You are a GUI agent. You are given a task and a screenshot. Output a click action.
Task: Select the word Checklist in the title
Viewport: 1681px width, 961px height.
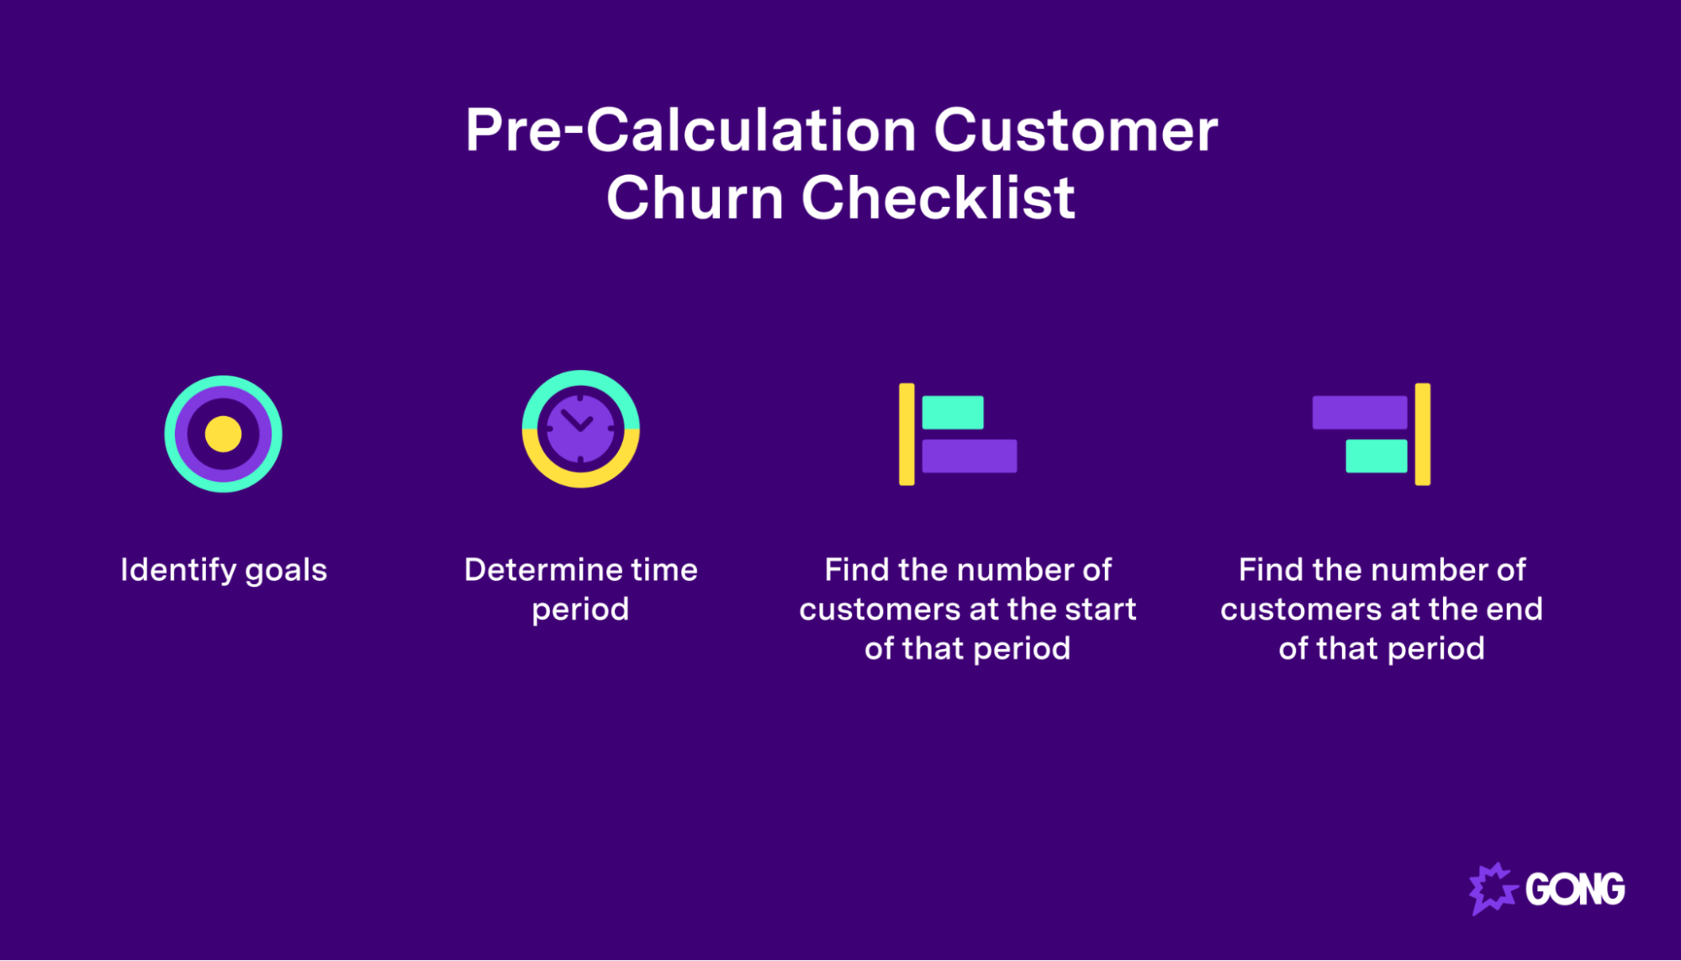click(938, 198)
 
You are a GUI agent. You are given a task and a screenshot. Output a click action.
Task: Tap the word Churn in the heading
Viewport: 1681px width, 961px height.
click(695, 198)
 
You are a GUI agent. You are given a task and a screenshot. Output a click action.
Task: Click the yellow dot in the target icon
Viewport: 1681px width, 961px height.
click(223, 434)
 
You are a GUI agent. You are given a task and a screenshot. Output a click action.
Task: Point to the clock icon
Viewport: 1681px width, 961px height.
click(580, 429)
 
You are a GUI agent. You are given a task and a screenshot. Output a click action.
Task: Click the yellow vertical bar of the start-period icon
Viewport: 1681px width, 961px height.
click(907, 434)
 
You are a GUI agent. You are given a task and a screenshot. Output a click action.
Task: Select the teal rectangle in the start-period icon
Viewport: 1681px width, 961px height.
click(953, 412)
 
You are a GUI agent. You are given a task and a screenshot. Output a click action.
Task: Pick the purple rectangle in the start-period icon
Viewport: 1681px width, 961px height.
click(970, 456)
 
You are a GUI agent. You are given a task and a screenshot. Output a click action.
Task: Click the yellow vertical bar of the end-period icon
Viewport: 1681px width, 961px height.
click(1422, 434)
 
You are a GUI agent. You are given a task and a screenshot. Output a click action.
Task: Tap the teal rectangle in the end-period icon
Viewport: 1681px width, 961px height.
click(1376, 456)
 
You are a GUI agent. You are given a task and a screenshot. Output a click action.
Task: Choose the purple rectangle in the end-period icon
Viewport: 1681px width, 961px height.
click(1359, 412)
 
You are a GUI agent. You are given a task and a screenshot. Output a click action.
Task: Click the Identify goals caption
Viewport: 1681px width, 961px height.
click(224, 570)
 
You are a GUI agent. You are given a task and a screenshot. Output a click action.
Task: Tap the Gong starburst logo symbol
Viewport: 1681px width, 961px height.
click(1492, 888)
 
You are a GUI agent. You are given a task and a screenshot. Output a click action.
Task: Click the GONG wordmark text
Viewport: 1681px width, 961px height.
click(1575, 890)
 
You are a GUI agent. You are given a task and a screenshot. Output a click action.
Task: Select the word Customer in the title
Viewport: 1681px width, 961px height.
click(1076, 131)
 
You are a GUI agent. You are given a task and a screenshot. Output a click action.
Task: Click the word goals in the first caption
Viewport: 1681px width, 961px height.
click(286, 571)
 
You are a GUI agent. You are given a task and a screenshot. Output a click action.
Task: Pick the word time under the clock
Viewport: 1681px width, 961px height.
click(664, 570)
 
